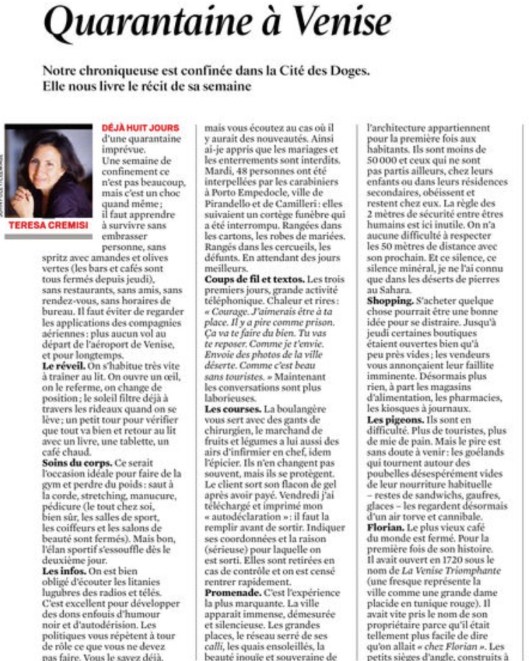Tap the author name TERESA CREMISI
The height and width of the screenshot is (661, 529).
pos(48,225)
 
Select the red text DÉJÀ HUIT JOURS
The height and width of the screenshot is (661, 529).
pos(141,128)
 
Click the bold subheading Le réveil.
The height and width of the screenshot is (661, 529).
pos(64,365)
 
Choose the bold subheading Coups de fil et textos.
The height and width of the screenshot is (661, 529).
pos(254,279)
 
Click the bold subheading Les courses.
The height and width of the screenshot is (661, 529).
pos(233,409)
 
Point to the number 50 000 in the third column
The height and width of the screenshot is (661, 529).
pos(384,160)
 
